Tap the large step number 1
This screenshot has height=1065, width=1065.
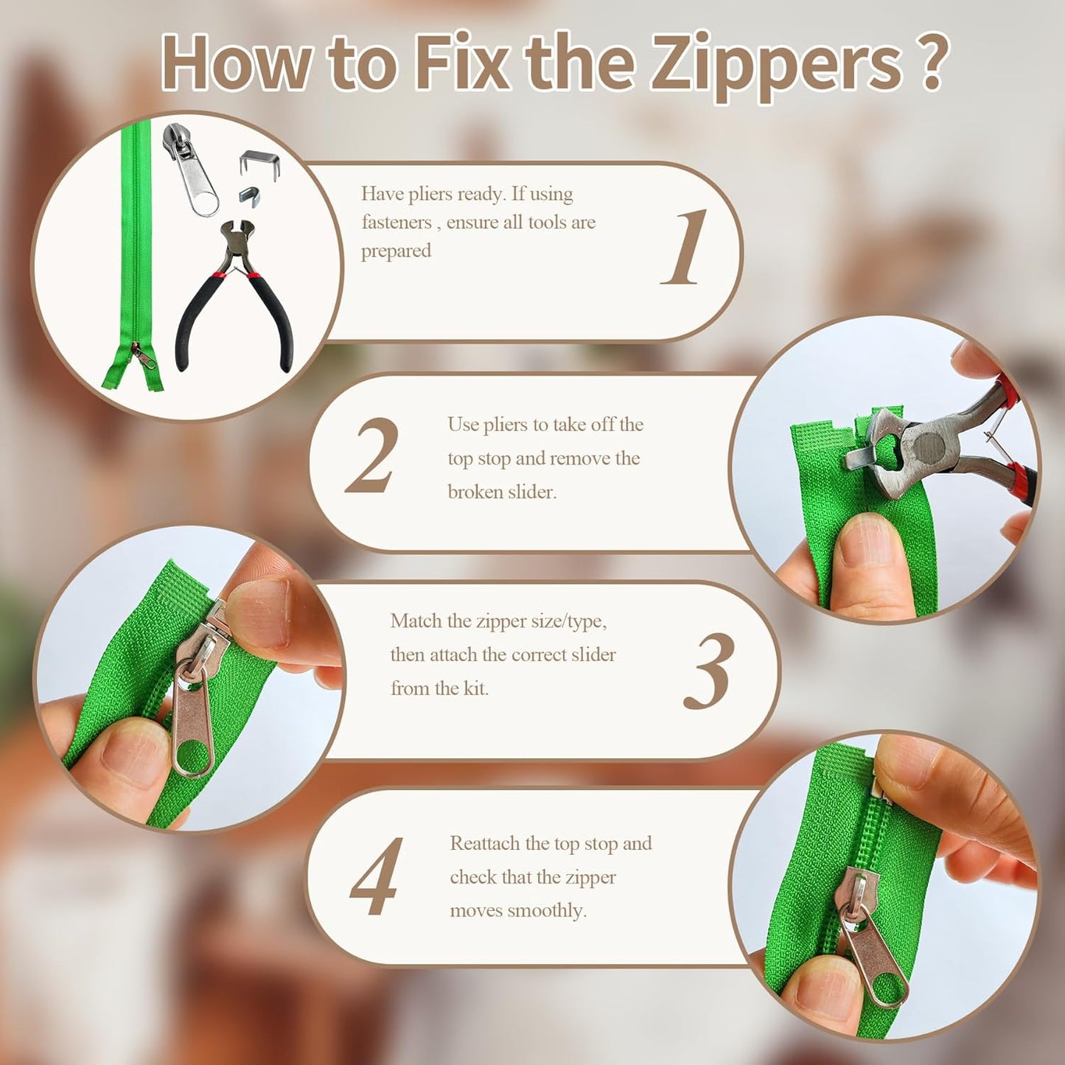coord(685,248)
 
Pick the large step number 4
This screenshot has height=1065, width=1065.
coord(377,876)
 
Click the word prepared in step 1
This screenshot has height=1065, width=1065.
coord(396,251)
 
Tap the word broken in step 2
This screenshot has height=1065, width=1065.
coord(472,492)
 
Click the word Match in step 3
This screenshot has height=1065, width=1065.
coord(416,621)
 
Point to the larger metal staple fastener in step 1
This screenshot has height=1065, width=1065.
coord(259,161)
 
